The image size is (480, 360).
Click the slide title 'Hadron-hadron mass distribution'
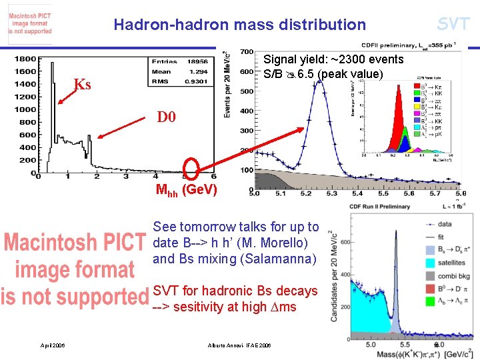[239, 25]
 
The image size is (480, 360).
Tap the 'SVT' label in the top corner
[453, 24]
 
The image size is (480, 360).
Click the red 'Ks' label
[82, 85]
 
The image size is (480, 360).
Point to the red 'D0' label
[166, 117]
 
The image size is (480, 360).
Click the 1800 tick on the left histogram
[26, 59]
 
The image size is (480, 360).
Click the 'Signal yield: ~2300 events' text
[333, 60]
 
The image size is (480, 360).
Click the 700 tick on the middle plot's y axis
[245, 52]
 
